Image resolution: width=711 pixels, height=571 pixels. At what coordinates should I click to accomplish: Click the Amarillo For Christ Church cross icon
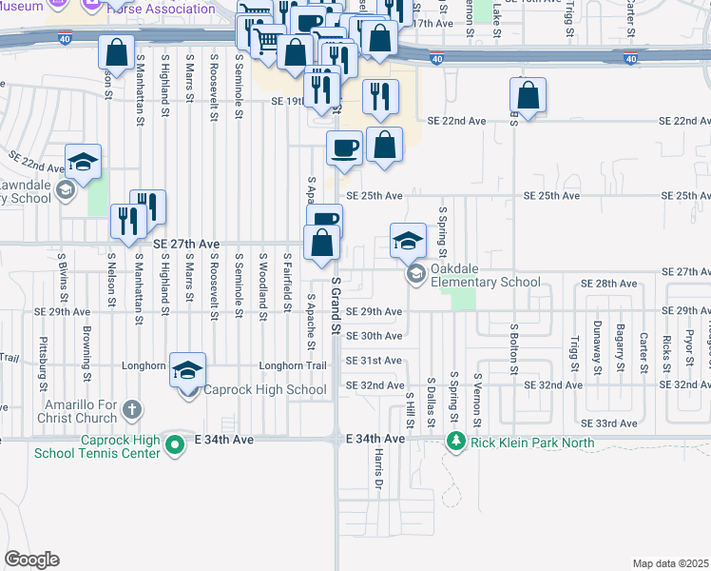point(131,410)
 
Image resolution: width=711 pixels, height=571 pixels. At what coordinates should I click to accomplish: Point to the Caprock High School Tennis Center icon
point(174,443)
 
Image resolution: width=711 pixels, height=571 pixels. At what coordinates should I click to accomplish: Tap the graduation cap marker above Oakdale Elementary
point(408,242)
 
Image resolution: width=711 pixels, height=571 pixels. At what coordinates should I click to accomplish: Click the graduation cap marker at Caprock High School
point(188,370)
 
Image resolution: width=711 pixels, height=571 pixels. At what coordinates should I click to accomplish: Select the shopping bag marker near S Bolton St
point(528,96)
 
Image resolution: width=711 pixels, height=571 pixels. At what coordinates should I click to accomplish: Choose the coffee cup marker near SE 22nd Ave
point(344,148)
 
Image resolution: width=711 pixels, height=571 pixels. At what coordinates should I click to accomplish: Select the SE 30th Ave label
point(374,336)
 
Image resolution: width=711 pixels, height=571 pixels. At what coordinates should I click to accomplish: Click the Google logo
point(31,560)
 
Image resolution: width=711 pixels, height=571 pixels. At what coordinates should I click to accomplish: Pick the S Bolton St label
point(513,347)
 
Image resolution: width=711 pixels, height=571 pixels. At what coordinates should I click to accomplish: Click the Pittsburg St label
point(43,363)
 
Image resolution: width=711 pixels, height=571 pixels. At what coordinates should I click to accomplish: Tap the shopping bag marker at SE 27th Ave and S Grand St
point(322,243)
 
